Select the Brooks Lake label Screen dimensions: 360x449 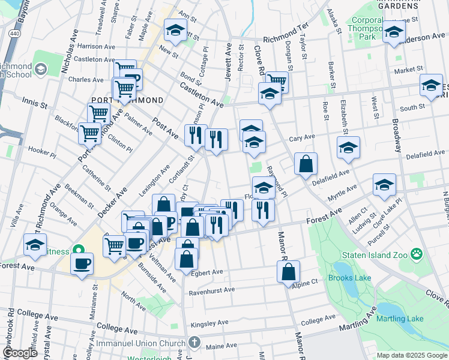point(349,278)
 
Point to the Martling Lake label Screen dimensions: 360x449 point(400,319)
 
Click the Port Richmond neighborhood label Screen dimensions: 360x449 point(127,100)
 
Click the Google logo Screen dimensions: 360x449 point(19,353)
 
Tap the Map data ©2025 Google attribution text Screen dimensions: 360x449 point(411,355)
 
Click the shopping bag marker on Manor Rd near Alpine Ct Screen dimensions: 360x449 point(288,272)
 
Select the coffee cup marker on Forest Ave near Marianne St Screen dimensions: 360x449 point(82,263)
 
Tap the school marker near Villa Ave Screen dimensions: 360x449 point(35,245)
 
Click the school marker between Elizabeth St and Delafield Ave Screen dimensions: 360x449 point(348,148)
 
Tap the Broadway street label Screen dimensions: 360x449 point(397,139)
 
